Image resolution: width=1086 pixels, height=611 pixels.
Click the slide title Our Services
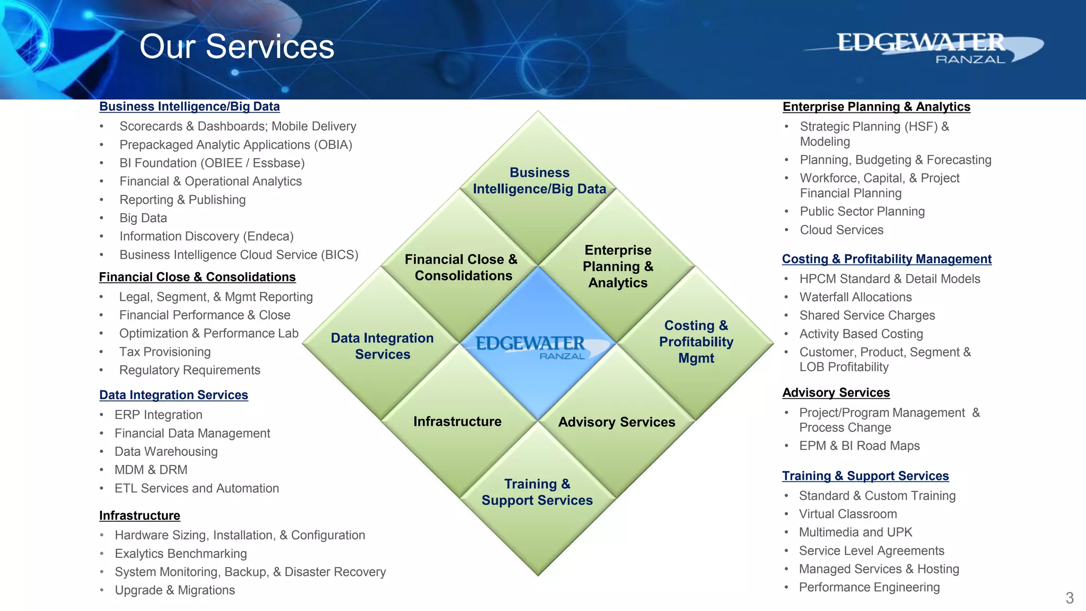(x=237, y=47)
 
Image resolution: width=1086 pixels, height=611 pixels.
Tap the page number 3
(x=1070, y=598)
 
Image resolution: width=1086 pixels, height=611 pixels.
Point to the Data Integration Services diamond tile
(x=382, y=346)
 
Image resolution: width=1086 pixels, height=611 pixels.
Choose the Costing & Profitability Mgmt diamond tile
(x=696, y=342)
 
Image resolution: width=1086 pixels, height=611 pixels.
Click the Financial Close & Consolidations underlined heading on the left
(x=197, y=277)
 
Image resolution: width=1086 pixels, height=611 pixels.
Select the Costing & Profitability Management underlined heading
(x=886, y=259)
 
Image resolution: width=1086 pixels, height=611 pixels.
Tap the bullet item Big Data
(x=143, y=218)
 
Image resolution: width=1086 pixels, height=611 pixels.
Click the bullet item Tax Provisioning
(x=165, y=352)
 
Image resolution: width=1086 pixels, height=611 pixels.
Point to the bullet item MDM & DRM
(x=151, y=470)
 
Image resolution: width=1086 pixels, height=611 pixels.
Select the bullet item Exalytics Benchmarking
(x=181, y=554)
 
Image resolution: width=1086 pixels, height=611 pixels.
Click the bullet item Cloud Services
(x=842, y=230)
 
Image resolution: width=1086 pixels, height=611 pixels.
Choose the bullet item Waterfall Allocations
(x=855, y=297)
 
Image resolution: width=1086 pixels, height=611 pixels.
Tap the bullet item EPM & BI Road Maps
(x=859, y=446)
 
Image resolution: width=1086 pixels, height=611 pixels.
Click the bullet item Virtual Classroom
(x=847, y=514)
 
